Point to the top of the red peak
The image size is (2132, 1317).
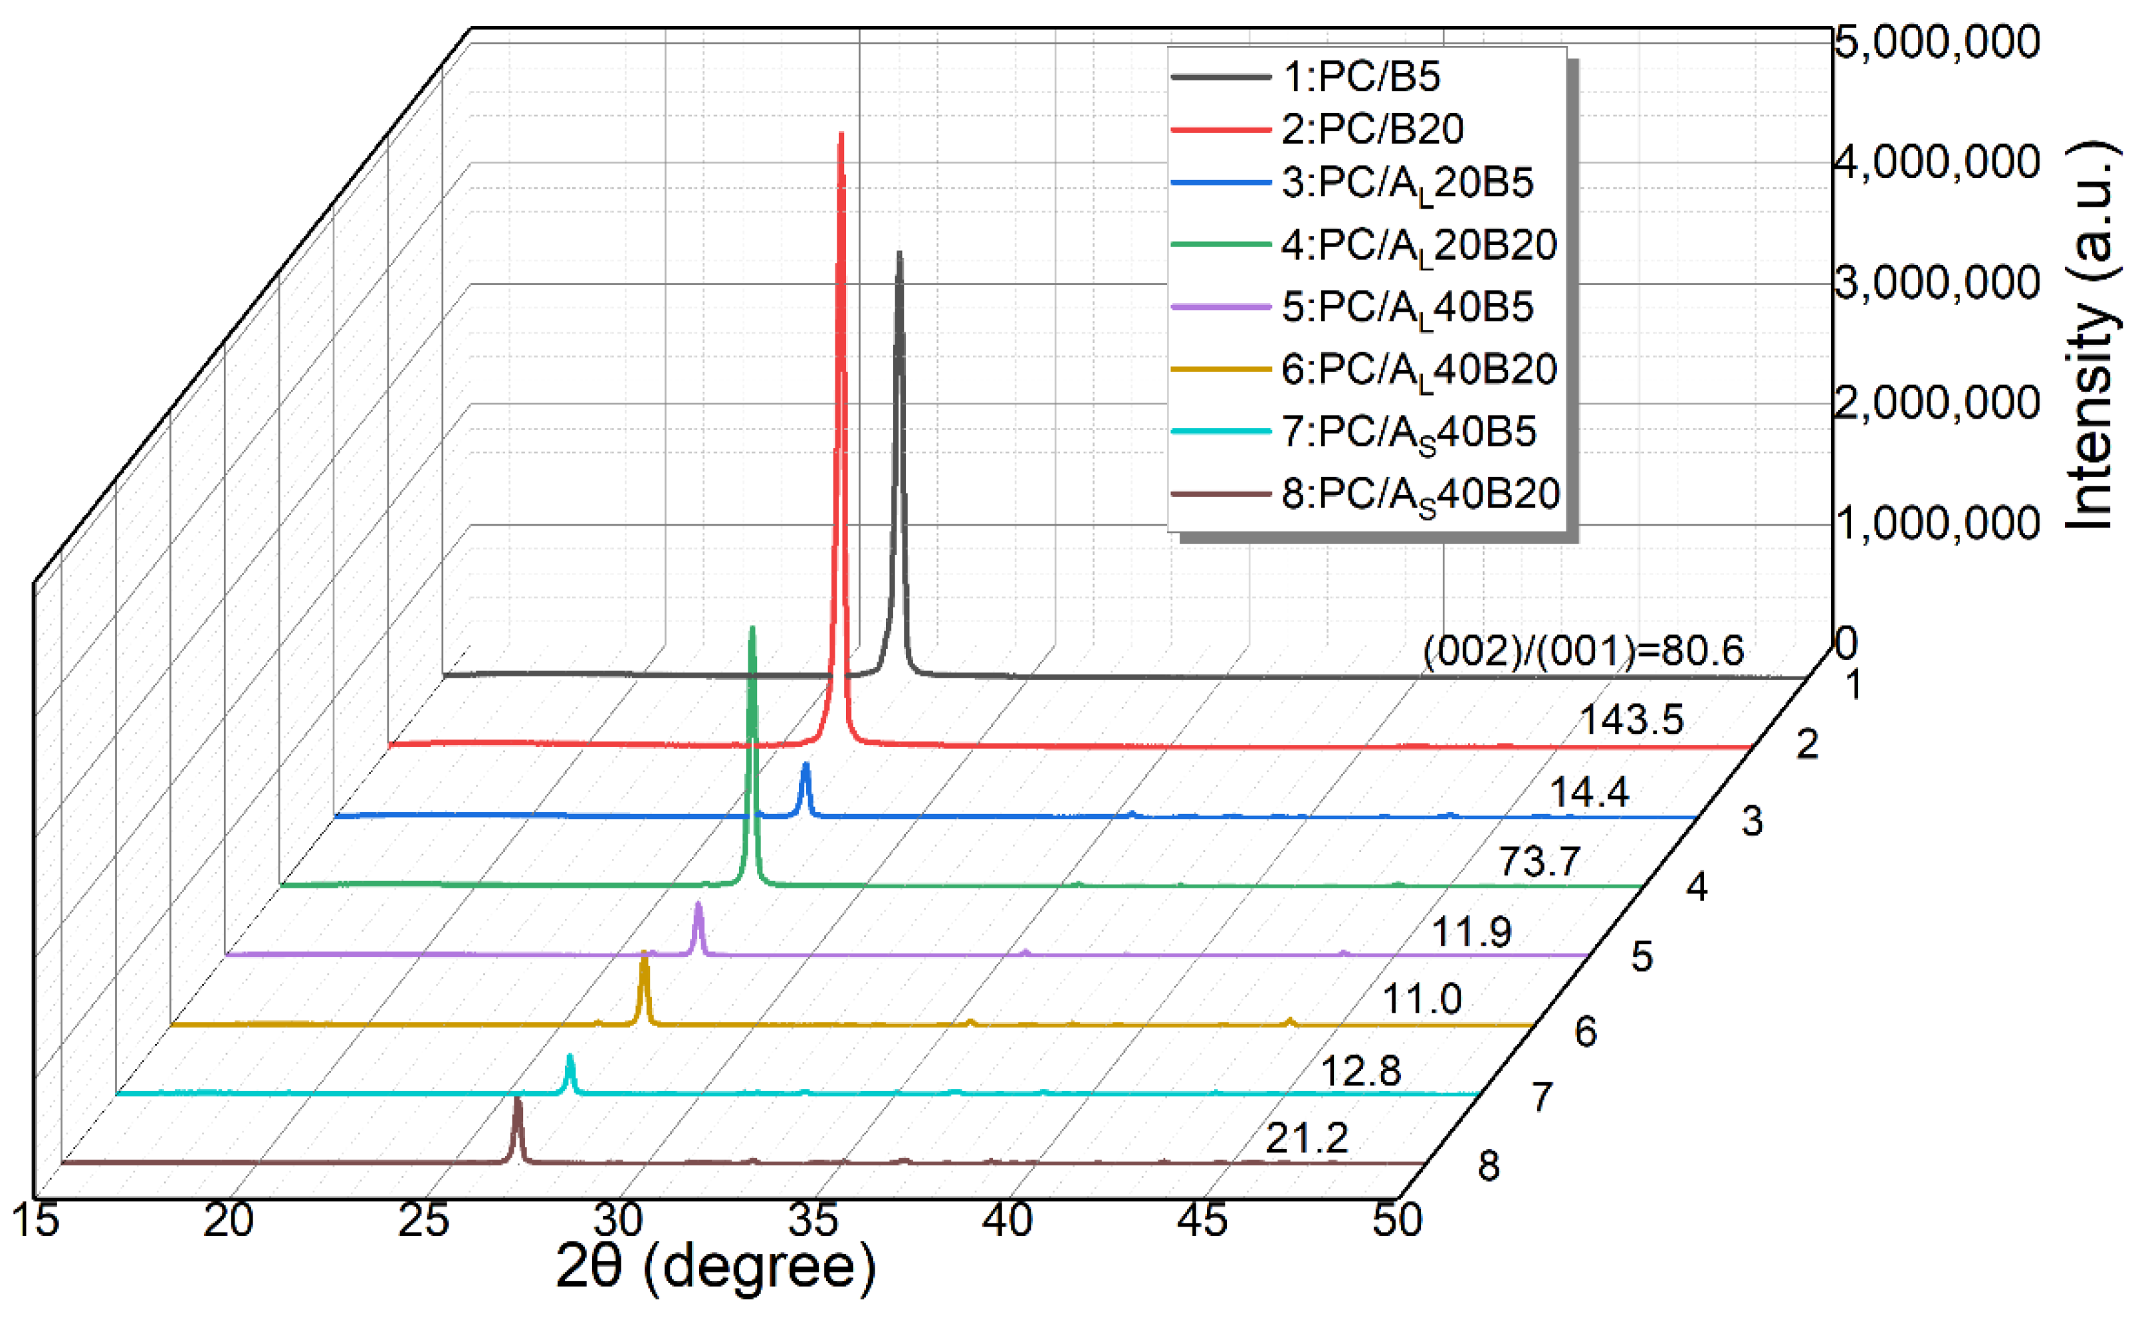(841, 136)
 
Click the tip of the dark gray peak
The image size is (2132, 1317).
(899, 255)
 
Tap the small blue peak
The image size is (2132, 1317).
(805, 765)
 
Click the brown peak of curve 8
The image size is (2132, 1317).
(517, 1102)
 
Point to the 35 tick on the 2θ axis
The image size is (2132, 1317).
(814, 1220)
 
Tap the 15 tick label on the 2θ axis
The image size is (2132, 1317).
(37, 1219)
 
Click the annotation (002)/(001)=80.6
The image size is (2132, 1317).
(1583, 651)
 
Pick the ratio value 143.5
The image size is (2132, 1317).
(1631, 720)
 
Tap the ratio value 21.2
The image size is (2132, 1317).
(1307, 1138)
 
